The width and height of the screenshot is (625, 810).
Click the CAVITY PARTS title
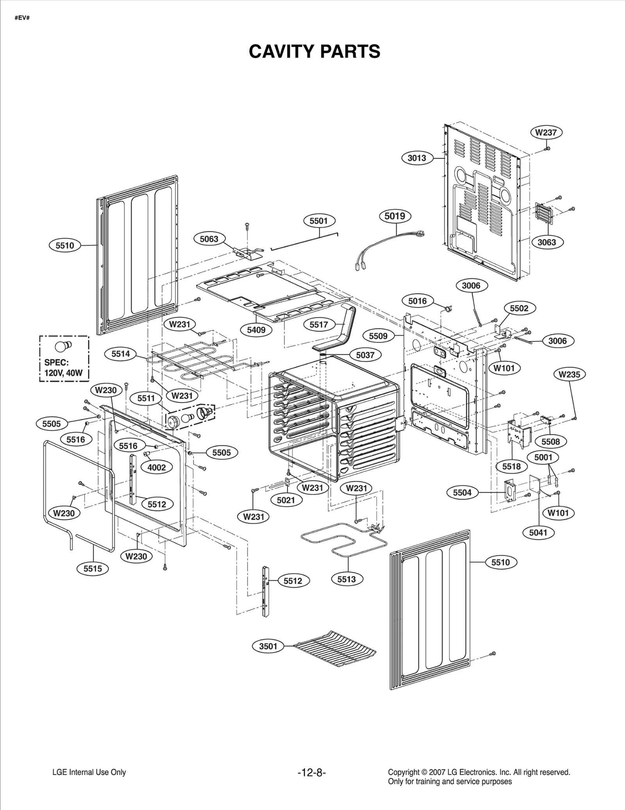click(x=314, y=51)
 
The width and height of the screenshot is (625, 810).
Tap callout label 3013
click(x=417, y=158)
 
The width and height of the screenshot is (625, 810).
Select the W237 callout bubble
click(x=546, y=132)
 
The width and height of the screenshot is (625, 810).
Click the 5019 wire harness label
click(x=395, y=216)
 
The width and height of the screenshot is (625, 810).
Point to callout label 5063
click(x=209, y=239)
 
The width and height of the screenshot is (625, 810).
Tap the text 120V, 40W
click(x=64, y=373)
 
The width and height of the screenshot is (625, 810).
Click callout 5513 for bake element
click(x=346, y=579)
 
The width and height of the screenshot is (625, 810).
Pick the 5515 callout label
click(x=93, y=569)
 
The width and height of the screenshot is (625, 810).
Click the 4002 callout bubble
click(x=156, y=467)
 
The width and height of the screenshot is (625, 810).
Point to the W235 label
click(x=569, y=374)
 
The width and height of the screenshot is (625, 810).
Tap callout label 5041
click(x=538, y=532)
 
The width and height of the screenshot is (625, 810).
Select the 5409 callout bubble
click(x=256, y=330)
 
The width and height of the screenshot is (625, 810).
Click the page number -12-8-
click(x=311, y=773)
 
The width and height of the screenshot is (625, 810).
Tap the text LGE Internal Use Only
click(x=89, y=772)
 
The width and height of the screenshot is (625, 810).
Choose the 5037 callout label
click(x=365, y=355)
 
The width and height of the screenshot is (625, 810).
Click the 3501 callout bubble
click(x=268, y=646)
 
